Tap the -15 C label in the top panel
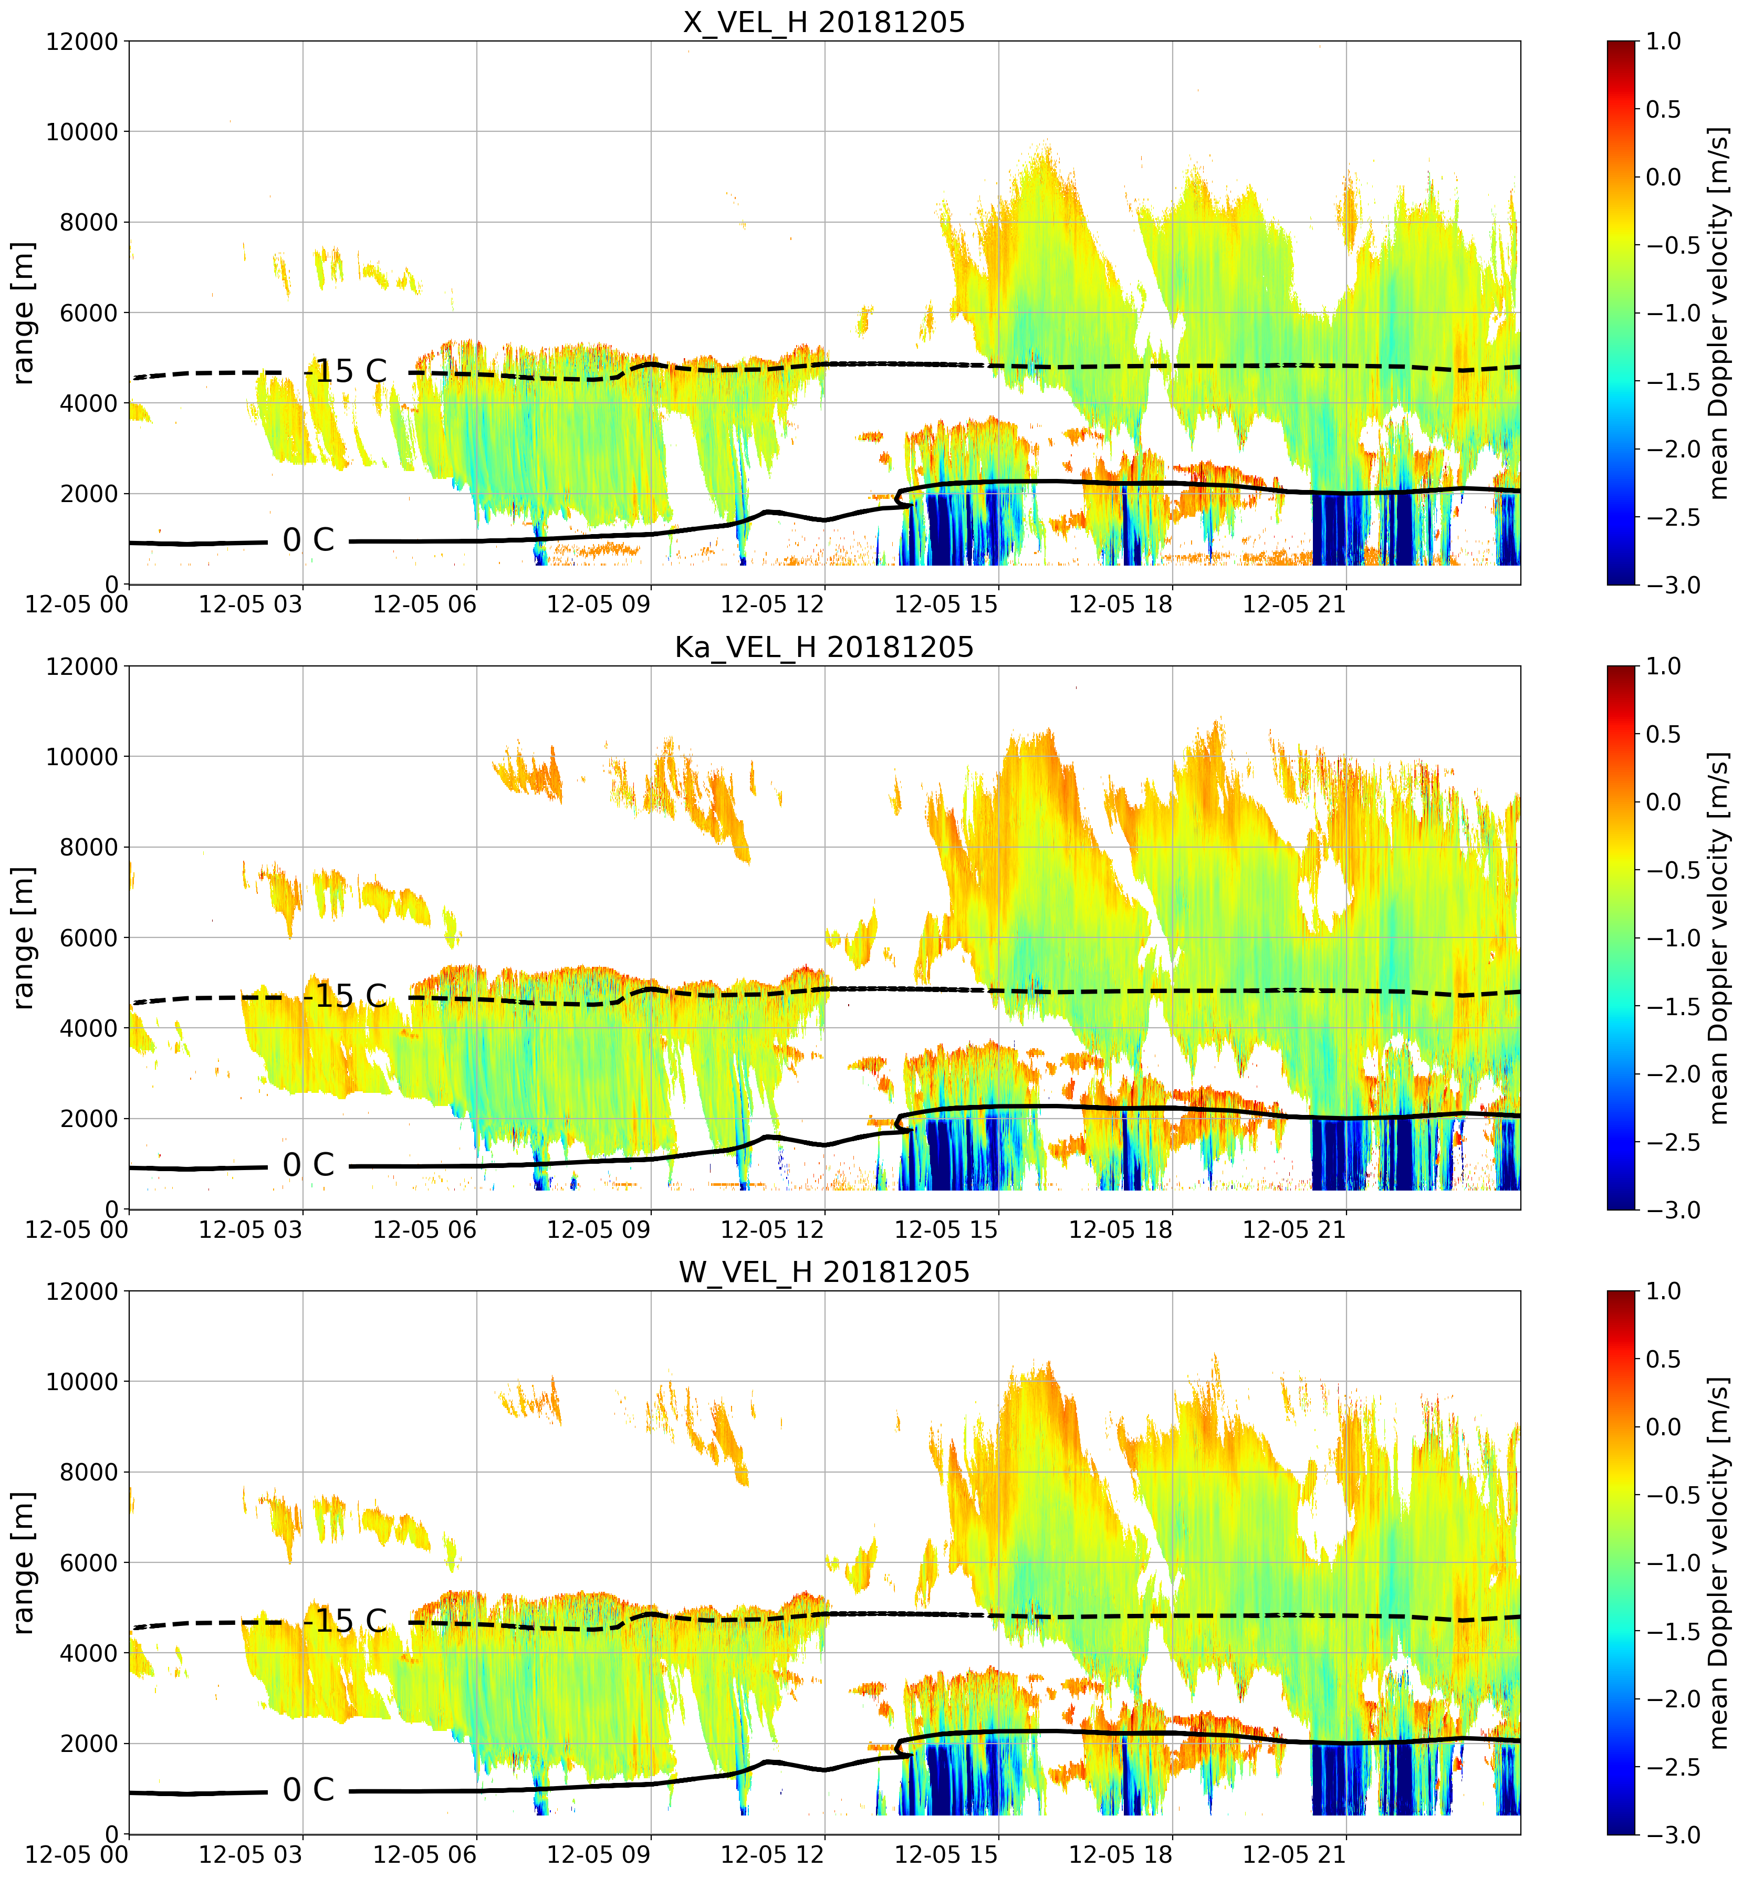click(x=345, y=371)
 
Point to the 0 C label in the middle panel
click(x=308, y=1165)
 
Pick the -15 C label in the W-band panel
click(x=345, y=1621)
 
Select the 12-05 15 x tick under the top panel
click(x=946, y=603)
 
